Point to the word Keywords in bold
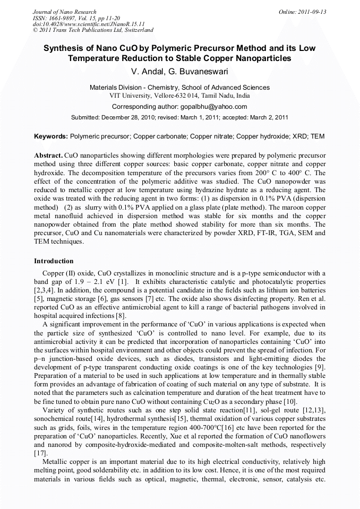pos(51,136)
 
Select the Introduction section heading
pos(54,261)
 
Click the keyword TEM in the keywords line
pos(317,136)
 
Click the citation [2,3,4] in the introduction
pos(46,290)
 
